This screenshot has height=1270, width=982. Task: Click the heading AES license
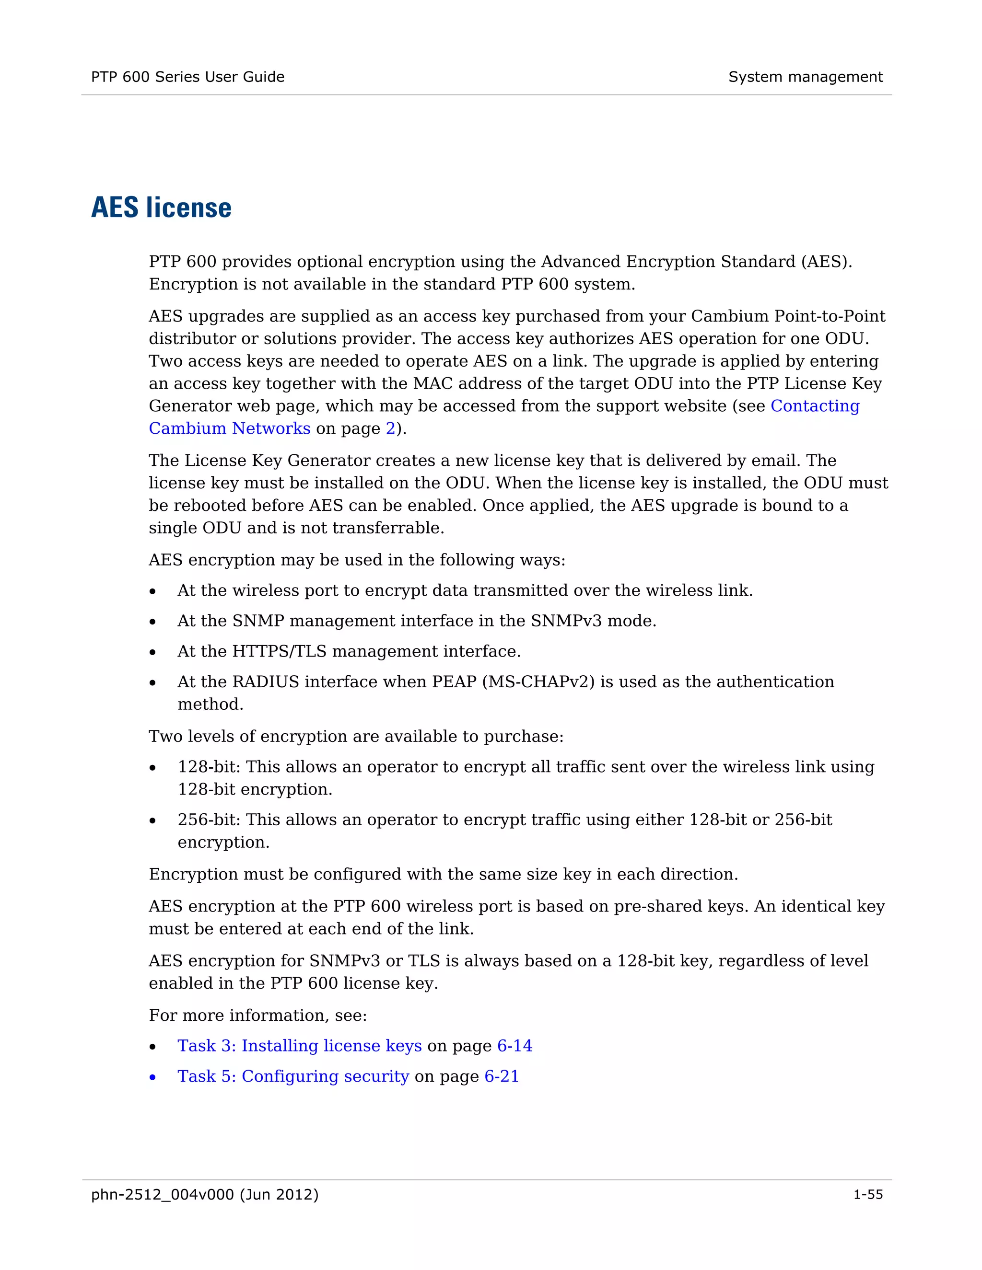[x=161, y=208]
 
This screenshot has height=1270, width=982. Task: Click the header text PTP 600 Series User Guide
[x=187, y=77]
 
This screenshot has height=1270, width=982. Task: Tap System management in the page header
[x=805, y=77]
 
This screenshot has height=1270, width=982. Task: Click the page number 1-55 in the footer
[x=867, y=1194]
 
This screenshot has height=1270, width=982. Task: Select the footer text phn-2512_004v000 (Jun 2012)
[x=205, y=1194]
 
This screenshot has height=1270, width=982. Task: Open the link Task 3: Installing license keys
[x=299, y=1046]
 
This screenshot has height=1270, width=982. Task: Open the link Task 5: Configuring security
[x=293, y=1076]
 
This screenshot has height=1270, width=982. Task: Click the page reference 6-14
[x=514, y=1046]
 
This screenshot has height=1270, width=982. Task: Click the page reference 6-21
[x=502, y=1076]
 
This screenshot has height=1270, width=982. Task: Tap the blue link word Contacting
[x=815, y=406]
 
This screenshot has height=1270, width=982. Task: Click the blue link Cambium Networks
[x=229, y=428]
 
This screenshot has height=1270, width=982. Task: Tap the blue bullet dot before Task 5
[x=152, y=1077]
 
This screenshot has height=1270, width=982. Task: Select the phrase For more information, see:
[x=257, y=1016]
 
